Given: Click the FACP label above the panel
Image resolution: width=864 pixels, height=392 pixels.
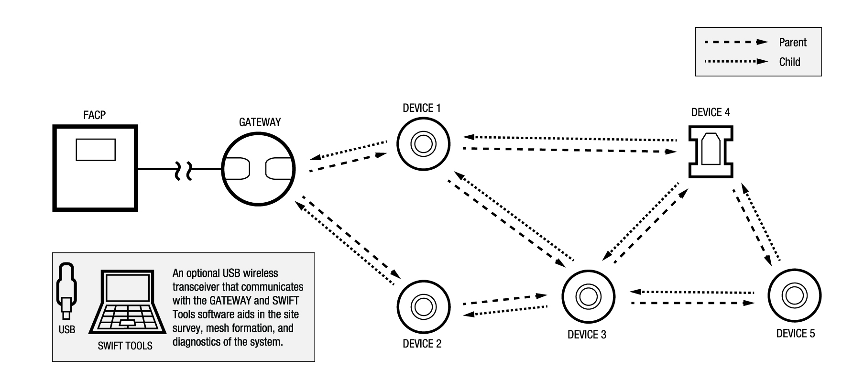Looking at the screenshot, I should [94, 115].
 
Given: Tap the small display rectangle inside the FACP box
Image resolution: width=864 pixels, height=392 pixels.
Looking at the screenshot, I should [96, 149].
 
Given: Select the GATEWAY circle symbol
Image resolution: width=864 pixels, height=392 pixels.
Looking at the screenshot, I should [258, 168].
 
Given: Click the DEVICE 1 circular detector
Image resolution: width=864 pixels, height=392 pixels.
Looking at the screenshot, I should [423, 143].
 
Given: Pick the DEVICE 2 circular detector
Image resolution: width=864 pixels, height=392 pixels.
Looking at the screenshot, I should [423, 306].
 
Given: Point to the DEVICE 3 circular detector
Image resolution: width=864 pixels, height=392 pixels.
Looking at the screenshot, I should [588, 296].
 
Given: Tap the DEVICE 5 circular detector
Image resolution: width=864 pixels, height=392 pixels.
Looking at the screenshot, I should [794, 296].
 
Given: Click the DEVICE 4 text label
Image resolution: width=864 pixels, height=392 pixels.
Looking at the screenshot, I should [710, 113].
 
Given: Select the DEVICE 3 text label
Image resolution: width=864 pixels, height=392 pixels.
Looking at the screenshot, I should [587, 335].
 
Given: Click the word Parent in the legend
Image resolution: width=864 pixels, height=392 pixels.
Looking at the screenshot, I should [792, 43].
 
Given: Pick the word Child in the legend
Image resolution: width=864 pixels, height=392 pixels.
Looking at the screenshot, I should [789, 62].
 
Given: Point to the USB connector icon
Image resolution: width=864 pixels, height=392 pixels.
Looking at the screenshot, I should [66, 290].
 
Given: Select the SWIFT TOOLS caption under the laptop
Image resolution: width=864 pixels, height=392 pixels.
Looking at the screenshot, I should [125, 346].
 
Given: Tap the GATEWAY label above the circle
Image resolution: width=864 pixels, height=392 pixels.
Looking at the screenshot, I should [260, 122].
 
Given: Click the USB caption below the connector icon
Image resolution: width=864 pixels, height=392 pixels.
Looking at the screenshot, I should [67, 330].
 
